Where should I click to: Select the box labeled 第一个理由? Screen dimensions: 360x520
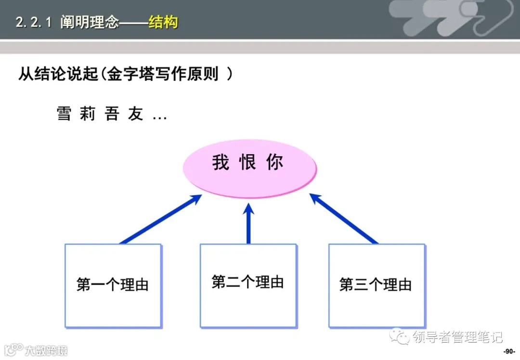tap(113, 285)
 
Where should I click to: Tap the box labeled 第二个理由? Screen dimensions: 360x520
tap(248, 285)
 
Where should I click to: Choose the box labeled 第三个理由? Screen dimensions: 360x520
tap(377, 285)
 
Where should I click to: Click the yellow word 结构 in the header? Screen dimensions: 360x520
tap(163, 22)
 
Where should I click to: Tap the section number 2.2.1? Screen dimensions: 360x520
tap(33, 23)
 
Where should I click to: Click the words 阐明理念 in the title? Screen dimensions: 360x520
tap(90, 23)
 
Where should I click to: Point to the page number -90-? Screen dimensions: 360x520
tap(509, 351)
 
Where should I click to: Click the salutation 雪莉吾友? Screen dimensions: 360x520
tap(100, 114)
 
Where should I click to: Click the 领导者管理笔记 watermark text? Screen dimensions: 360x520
tap(457, 336)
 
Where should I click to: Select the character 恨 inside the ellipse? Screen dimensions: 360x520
tap(248, 163)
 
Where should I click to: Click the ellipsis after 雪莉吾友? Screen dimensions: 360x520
tap(159, 117)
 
